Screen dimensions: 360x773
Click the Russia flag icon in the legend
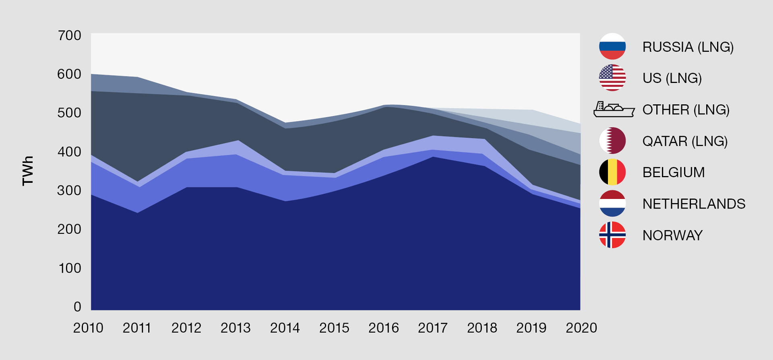(612, 46)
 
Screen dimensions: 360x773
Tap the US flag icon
(612, 78)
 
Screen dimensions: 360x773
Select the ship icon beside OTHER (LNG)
(614, 109)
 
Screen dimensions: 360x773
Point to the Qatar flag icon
(612, 141)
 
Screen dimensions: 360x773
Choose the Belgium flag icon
(612, 172)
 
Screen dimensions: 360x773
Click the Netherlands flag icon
(612, 203)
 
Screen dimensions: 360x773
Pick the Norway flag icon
(612, 235)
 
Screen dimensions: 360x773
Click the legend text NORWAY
(672, 235)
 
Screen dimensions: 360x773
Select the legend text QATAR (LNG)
(685, 141)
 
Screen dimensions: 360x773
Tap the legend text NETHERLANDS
(694, 204)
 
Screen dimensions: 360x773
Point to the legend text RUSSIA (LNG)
(688, 47)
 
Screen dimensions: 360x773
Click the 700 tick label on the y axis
(69, 35)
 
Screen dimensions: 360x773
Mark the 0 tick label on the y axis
(77, 307)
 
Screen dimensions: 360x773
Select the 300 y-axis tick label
(69, 190)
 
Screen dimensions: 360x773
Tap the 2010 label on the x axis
(88, 328)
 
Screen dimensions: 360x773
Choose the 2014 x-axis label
(285, 328)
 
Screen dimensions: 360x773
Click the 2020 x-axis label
(581, 328)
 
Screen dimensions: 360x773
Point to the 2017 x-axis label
(433, 328)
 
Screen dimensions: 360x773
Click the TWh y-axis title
(28, 171)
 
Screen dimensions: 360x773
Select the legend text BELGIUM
(674, 172)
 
